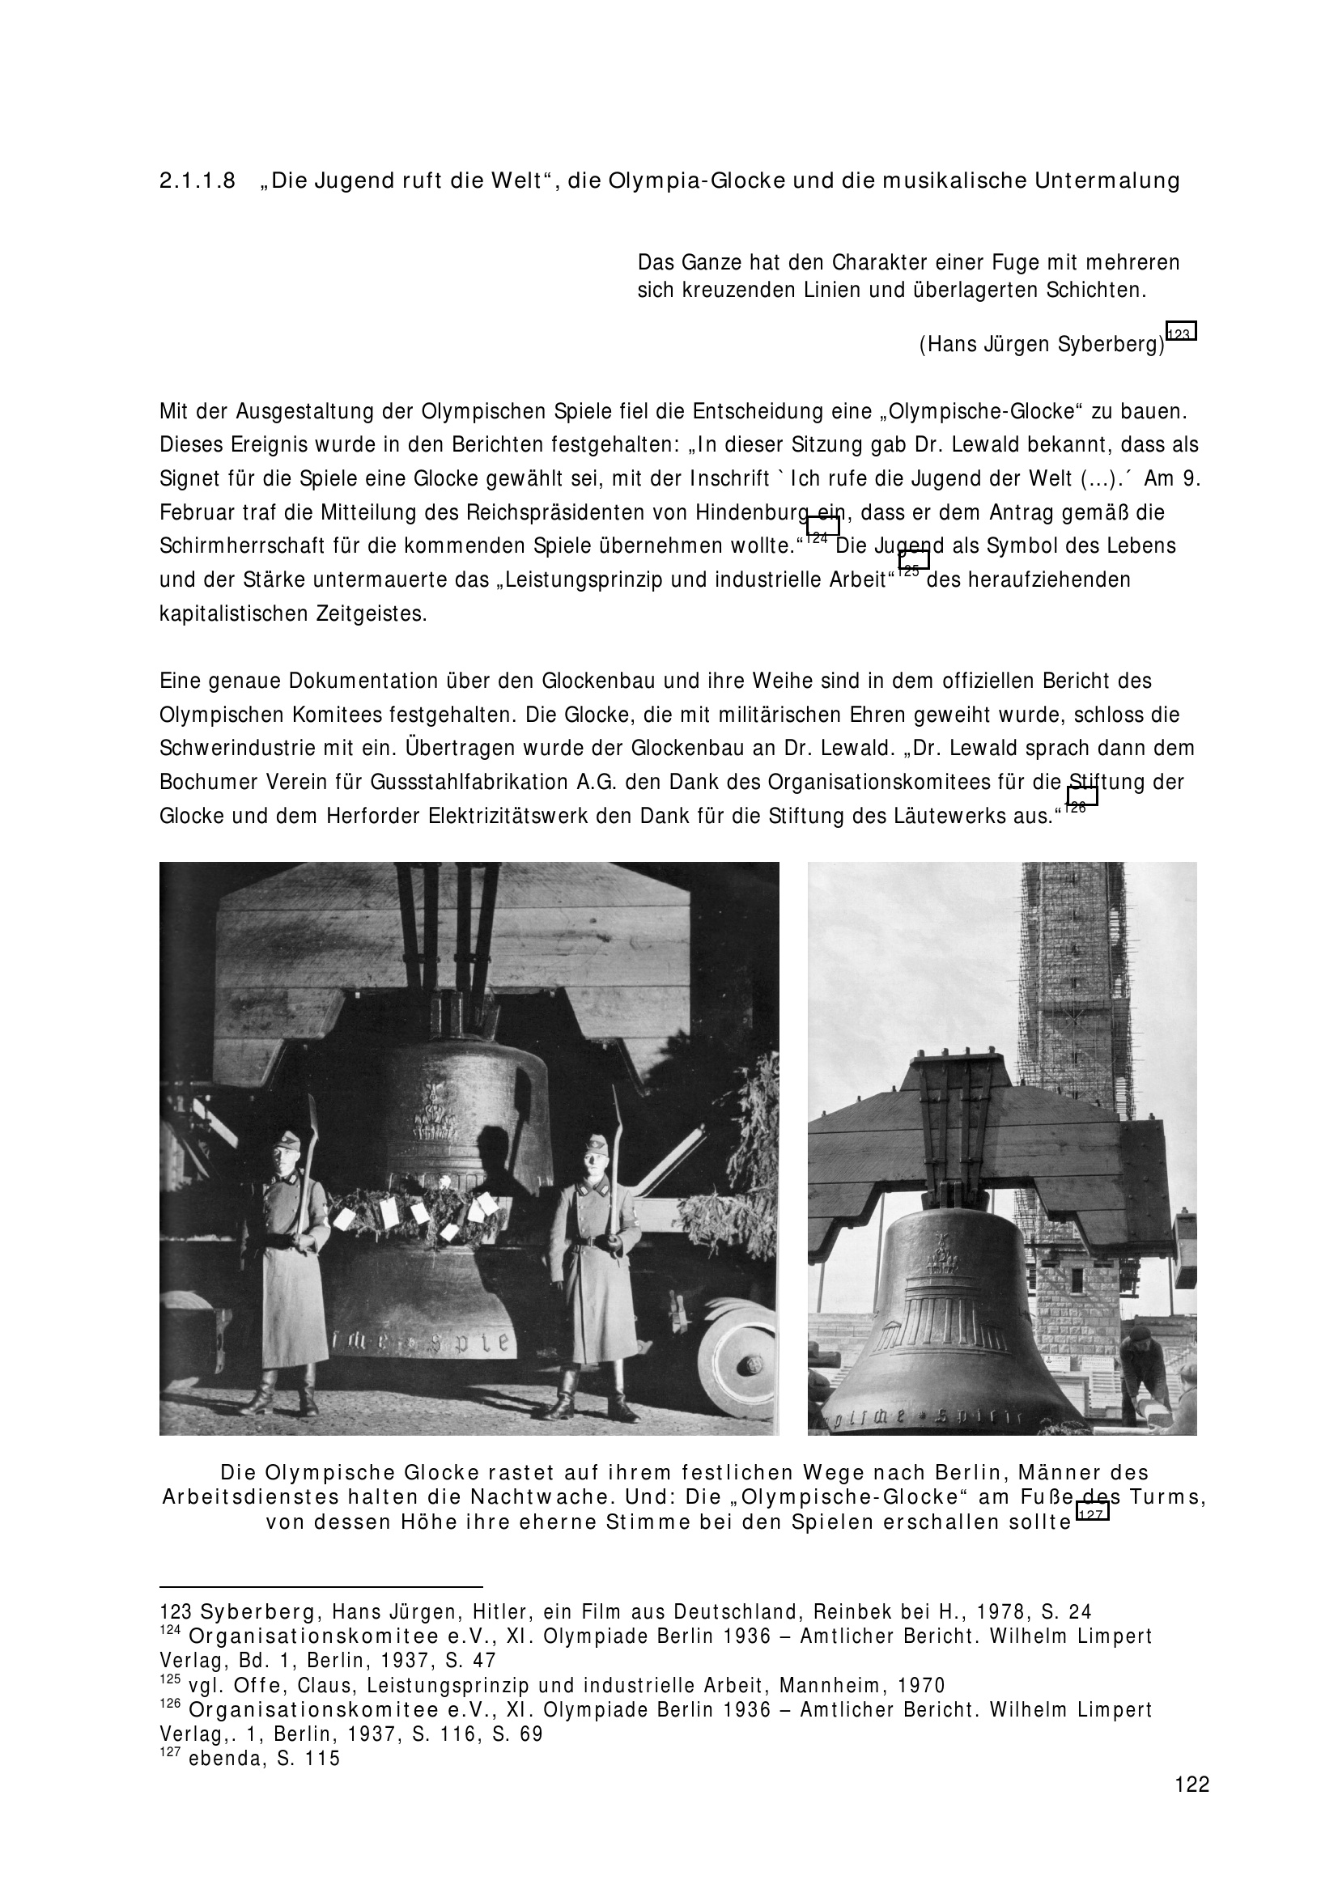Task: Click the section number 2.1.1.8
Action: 197,181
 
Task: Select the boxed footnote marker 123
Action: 1181,333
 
